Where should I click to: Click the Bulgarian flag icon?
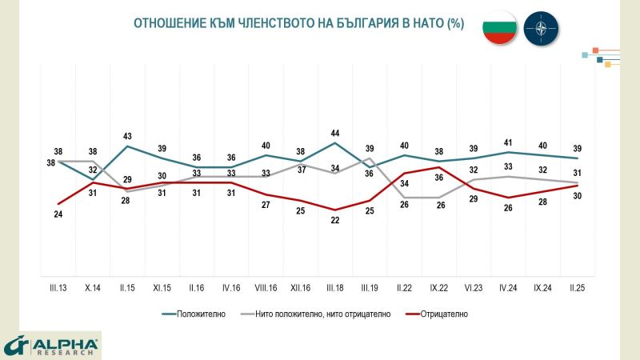[x=499, y=30]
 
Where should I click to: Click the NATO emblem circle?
[x=542, y=30]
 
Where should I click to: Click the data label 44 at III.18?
[x=335, y=133]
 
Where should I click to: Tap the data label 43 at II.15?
[x=128, y=136]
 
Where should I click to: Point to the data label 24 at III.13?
[x=58, y=214]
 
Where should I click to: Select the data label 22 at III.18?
[x=335, y=221]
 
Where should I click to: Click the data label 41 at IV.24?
[x=507, y=142]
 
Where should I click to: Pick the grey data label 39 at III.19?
[x=370, y=149]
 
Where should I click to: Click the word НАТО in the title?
[x=424, y=24]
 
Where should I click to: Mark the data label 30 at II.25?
[x=576, y=198]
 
